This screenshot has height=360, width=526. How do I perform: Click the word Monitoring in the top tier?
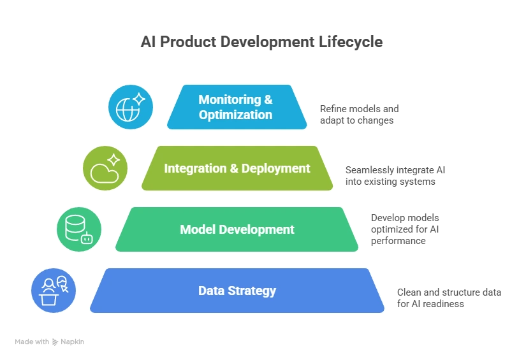[x=230, y=99]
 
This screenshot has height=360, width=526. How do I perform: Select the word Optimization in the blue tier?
[x=235, y=115]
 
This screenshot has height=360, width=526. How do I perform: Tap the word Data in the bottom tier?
[x=210, y=291]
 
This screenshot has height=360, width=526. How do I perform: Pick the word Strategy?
[x=251, y=291]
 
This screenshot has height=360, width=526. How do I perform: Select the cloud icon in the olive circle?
[x=102, y=172]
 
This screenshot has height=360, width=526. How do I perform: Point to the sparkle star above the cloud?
[x=114, y=159]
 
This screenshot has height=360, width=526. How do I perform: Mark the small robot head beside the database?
[x=87, y=238]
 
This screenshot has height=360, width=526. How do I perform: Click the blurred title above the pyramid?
[x=261, y=43]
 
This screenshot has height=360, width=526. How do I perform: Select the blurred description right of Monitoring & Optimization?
[x=360, y=114]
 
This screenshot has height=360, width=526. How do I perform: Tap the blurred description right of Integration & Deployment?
[x=396, y=176]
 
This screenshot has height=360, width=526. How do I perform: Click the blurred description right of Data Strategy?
[x=450, y=298]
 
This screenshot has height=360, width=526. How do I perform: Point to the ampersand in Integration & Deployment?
[x=232, y=168]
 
